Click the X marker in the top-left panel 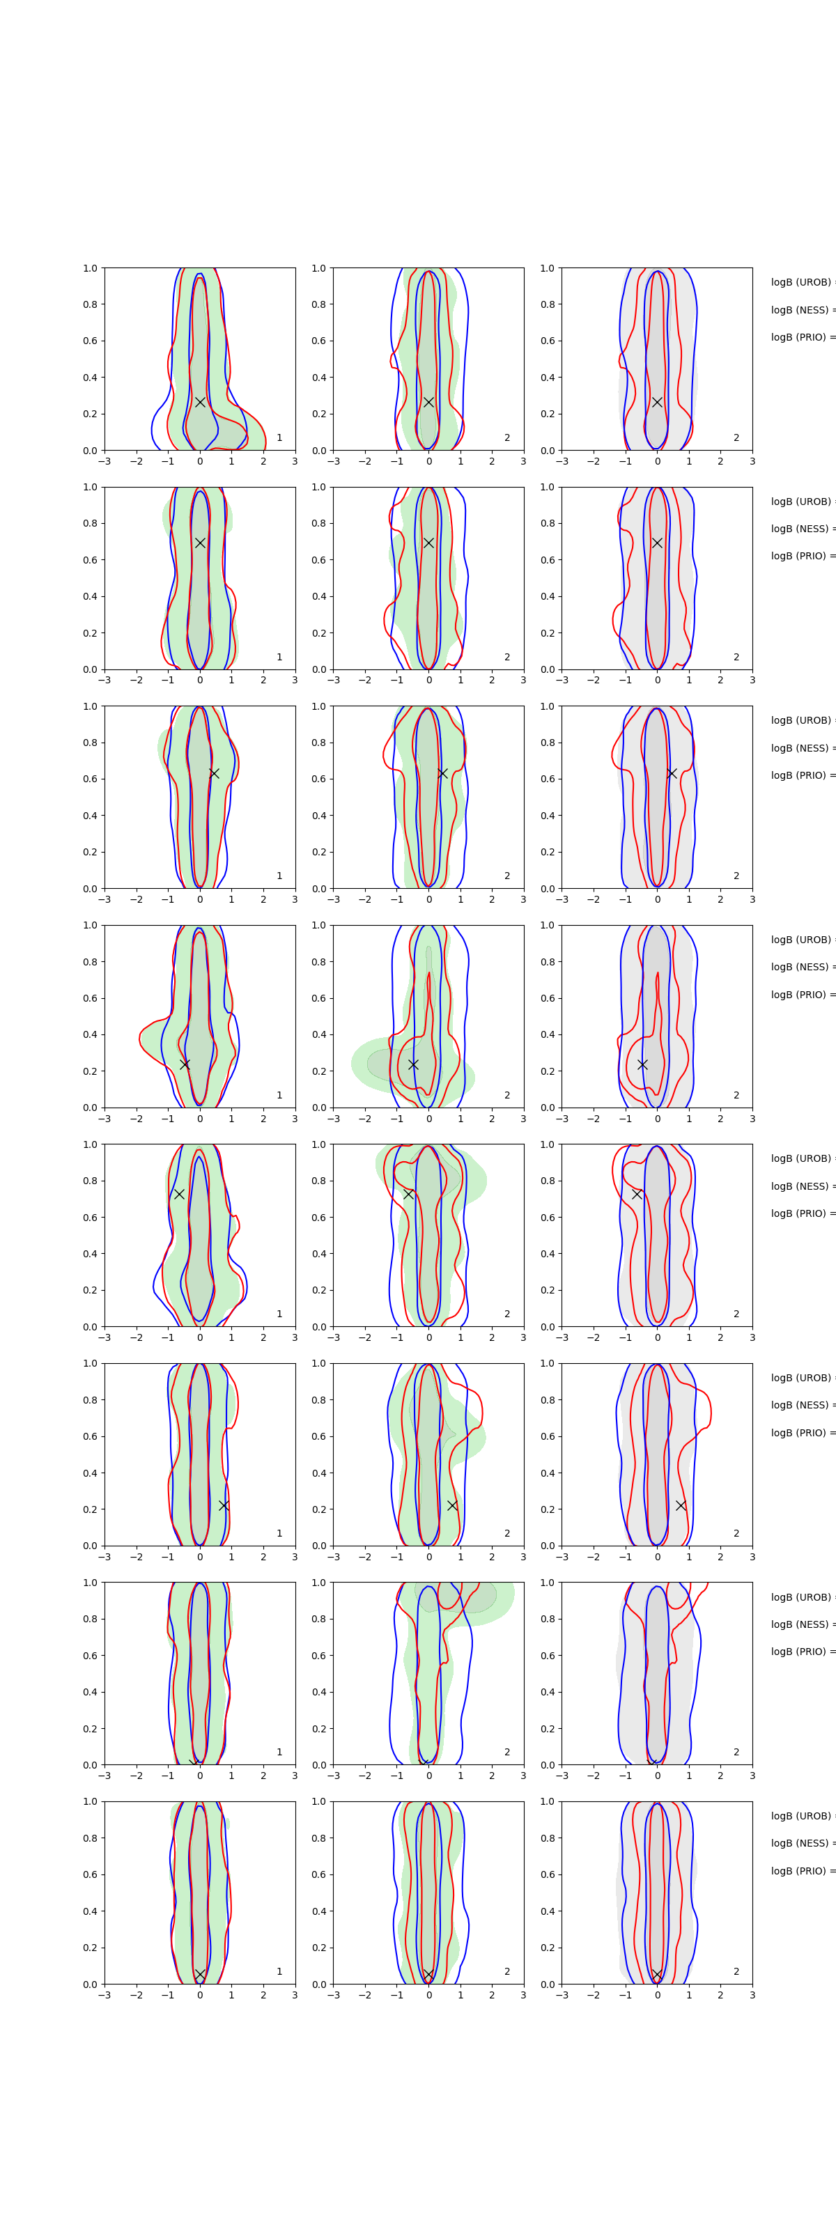(x=200, y=403)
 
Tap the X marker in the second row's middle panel (x=428, y=543)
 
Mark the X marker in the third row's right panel (x=672, y=772)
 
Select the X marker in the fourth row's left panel (x=185, y=1064)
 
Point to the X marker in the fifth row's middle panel (x=408, y=1194)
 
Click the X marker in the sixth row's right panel (x=681, y=1505)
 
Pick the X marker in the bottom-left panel (x=200, y=1975)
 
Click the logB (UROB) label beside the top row (x=801, y=282)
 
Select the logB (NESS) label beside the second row (x=801, y=529)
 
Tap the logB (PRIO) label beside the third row (x=801, y=775)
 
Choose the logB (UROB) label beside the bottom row (x=801, y=1816)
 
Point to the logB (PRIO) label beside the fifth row (x=801, y=1213)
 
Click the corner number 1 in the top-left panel (x=279, y=438)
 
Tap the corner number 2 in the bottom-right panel (x=736, y=1971)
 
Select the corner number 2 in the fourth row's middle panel (x=507, y=1096)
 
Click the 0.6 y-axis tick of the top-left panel (x=90, y=341)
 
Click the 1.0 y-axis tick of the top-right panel (x=547, y=268)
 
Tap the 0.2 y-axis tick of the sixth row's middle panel (x=318, y=1509)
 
